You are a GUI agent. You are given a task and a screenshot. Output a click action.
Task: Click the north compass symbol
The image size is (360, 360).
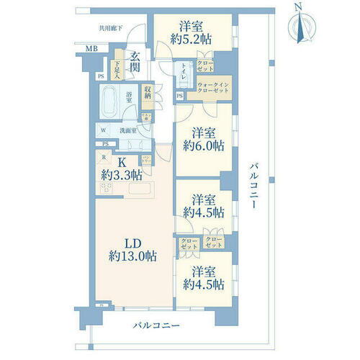pos(299,26)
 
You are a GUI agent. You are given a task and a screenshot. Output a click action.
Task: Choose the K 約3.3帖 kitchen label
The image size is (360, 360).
pos(120,168)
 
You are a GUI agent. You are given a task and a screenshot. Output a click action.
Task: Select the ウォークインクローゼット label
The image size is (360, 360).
pos(213,90)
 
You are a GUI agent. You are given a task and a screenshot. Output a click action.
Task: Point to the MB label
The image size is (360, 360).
pos(91,49)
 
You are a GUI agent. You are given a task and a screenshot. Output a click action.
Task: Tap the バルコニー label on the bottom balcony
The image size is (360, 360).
pos(155,326)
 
